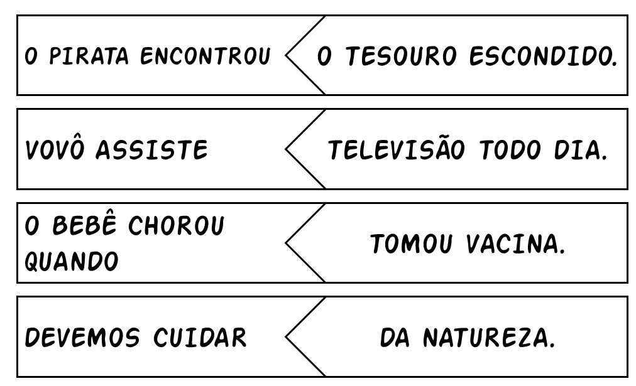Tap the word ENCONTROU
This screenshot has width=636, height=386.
[205, 56]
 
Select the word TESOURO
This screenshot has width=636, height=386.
[403, 57]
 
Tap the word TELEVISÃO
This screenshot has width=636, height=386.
[397, 150]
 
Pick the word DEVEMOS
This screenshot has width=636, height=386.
[82, 338]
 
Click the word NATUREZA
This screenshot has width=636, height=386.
[489, 338]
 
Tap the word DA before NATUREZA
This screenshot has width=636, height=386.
[395, 338]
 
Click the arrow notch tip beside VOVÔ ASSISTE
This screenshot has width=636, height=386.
[286, 150]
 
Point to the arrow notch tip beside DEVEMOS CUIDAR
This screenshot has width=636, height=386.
[286, 337]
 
